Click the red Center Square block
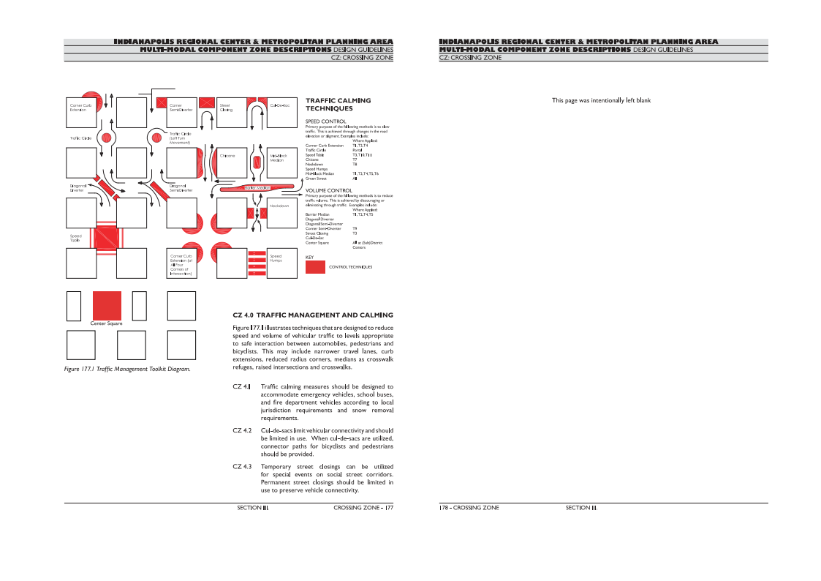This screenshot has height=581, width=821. (107, 306)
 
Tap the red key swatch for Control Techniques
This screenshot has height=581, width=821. (315, 267)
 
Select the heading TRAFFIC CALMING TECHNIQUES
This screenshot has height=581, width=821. (338, 105)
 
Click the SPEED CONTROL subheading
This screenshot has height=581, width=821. (325, 121)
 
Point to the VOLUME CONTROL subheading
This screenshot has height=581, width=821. (328, 190)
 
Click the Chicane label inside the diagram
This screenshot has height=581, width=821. (227, 155)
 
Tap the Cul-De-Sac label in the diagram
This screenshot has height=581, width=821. (280, 105)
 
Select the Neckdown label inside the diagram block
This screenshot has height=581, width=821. (279, 206)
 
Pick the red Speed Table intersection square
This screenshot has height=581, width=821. (105, 239)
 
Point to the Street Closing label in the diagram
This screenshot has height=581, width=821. (226, 108)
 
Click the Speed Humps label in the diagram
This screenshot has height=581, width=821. (276, 258)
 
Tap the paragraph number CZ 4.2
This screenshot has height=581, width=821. (242, 431)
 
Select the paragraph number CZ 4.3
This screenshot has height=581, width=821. (242, 467)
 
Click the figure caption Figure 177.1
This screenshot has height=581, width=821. (127, 370)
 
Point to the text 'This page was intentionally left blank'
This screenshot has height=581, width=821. (601, 100)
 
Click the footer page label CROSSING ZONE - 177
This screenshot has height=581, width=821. (363, 508)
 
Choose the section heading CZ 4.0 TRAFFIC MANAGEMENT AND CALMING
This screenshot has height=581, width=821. (312, 315)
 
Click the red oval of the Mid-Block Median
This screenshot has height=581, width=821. (257, 162)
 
